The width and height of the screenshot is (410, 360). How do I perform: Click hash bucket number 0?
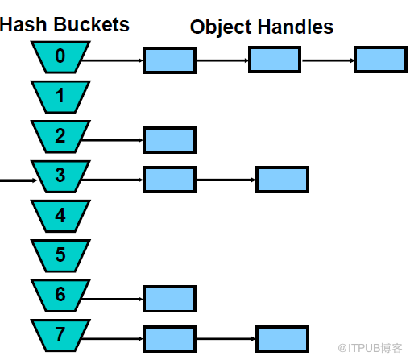click(x=60, y=56)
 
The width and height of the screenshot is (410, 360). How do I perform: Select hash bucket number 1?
click(x=60, y=96)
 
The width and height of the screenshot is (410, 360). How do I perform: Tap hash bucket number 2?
click(x=60, y=135)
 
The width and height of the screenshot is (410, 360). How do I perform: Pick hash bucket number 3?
click(x=60, y=175)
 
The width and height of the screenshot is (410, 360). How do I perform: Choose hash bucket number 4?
click(x=60, y=214)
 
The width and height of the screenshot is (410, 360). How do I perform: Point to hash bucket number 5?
click(x=60, y=254)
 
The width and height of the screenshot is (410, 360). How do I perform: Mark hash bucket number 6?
click(x=60, y=294)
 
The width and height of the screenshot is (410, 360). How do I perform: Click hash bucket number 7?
click(x=60, y=333)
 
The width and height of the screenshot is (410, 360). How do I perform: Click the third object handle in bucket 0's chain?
click(x=379, y=60)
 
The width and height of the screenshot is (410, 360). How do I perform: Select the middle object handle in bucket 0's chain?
click(x=274, y=60)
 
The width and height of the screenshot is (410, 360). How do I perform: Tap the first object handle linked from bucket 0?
click(x=169, y=60)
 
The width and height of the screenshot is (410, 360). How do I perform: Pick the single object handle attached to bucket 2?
click(x=169, y=139)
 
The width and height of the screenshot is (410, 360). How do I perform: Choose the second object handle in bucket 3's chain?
click(x=282, y=179)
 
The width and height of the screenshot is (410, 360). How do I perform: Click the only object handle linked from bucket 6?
click(x=169, y=298)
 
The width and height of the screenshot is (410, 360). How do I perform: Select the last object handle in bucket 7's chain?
click(x=282, y=337)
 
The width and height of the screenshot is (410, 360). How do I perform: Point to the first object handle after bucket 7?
click(x=169, y=337)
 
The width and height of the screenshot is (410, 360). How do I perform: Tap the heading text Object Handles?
click(x=261, y=27)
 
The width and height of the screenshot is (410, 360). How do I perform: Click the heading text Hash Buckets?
click(x=64, y=24)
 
